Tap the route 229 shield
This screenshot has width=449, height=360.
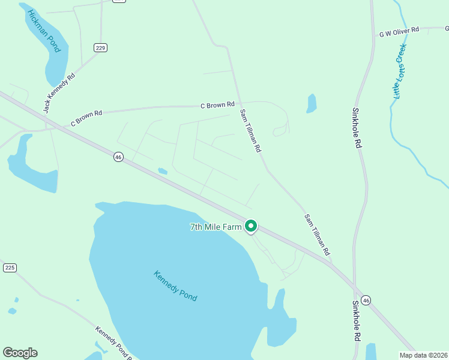click(x=100, y=47)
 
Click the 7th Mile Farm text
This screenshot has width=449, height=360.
click(x=215, y=227)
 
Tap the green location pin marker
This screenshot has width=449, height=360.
click(x=251, y=226)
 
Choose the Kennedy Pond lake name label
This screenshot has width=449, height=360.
click(x=175, y=286)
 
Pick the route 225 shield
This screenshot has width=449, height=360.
click(x=9, y=268)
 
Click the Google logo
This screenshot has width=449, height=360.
click(x=20, y=353)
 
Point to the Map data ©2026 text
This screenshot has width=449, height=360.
click(x=423, y=355)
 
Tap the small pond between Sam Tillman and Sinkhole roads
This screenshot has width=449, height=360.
click(x=311, y=103)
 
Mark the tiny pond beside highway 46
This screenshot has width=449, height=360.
click(x=162, y=171)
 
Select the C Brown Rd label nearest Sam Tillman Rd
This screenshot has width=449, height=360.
click(x=217, y=106)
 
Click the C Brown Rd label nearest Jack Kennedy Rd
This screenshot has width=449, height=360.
click(x=86, y=117)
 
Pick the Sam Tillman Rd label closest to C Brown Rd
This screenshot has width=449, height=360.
click(x=251, y=130)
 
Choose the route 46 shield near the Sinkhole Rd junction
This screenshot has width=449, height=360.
click(x=366, y=300)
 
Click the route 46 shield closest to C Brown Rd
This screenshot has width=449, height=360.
click(x=118, y=157)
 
